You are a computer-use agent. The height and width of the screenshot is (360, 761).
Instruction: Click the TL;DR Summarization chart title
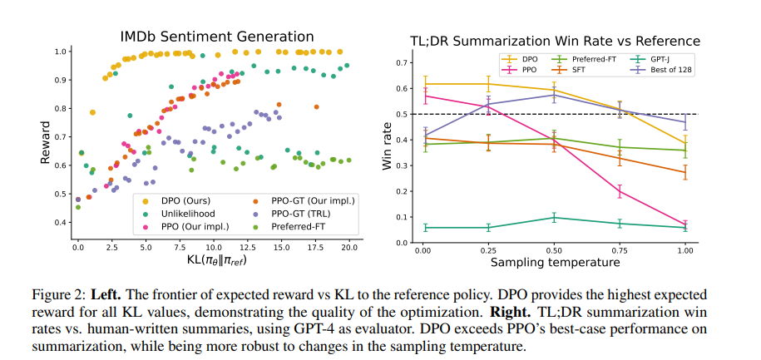click(x=556, y=41)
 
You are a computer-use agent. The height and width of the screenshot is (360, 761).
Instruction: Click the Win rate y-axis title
click(x=387, y=152)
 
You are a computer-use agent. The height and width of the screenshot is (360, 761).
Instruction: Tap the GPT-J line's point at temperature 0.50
click(x=554, y=218)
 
